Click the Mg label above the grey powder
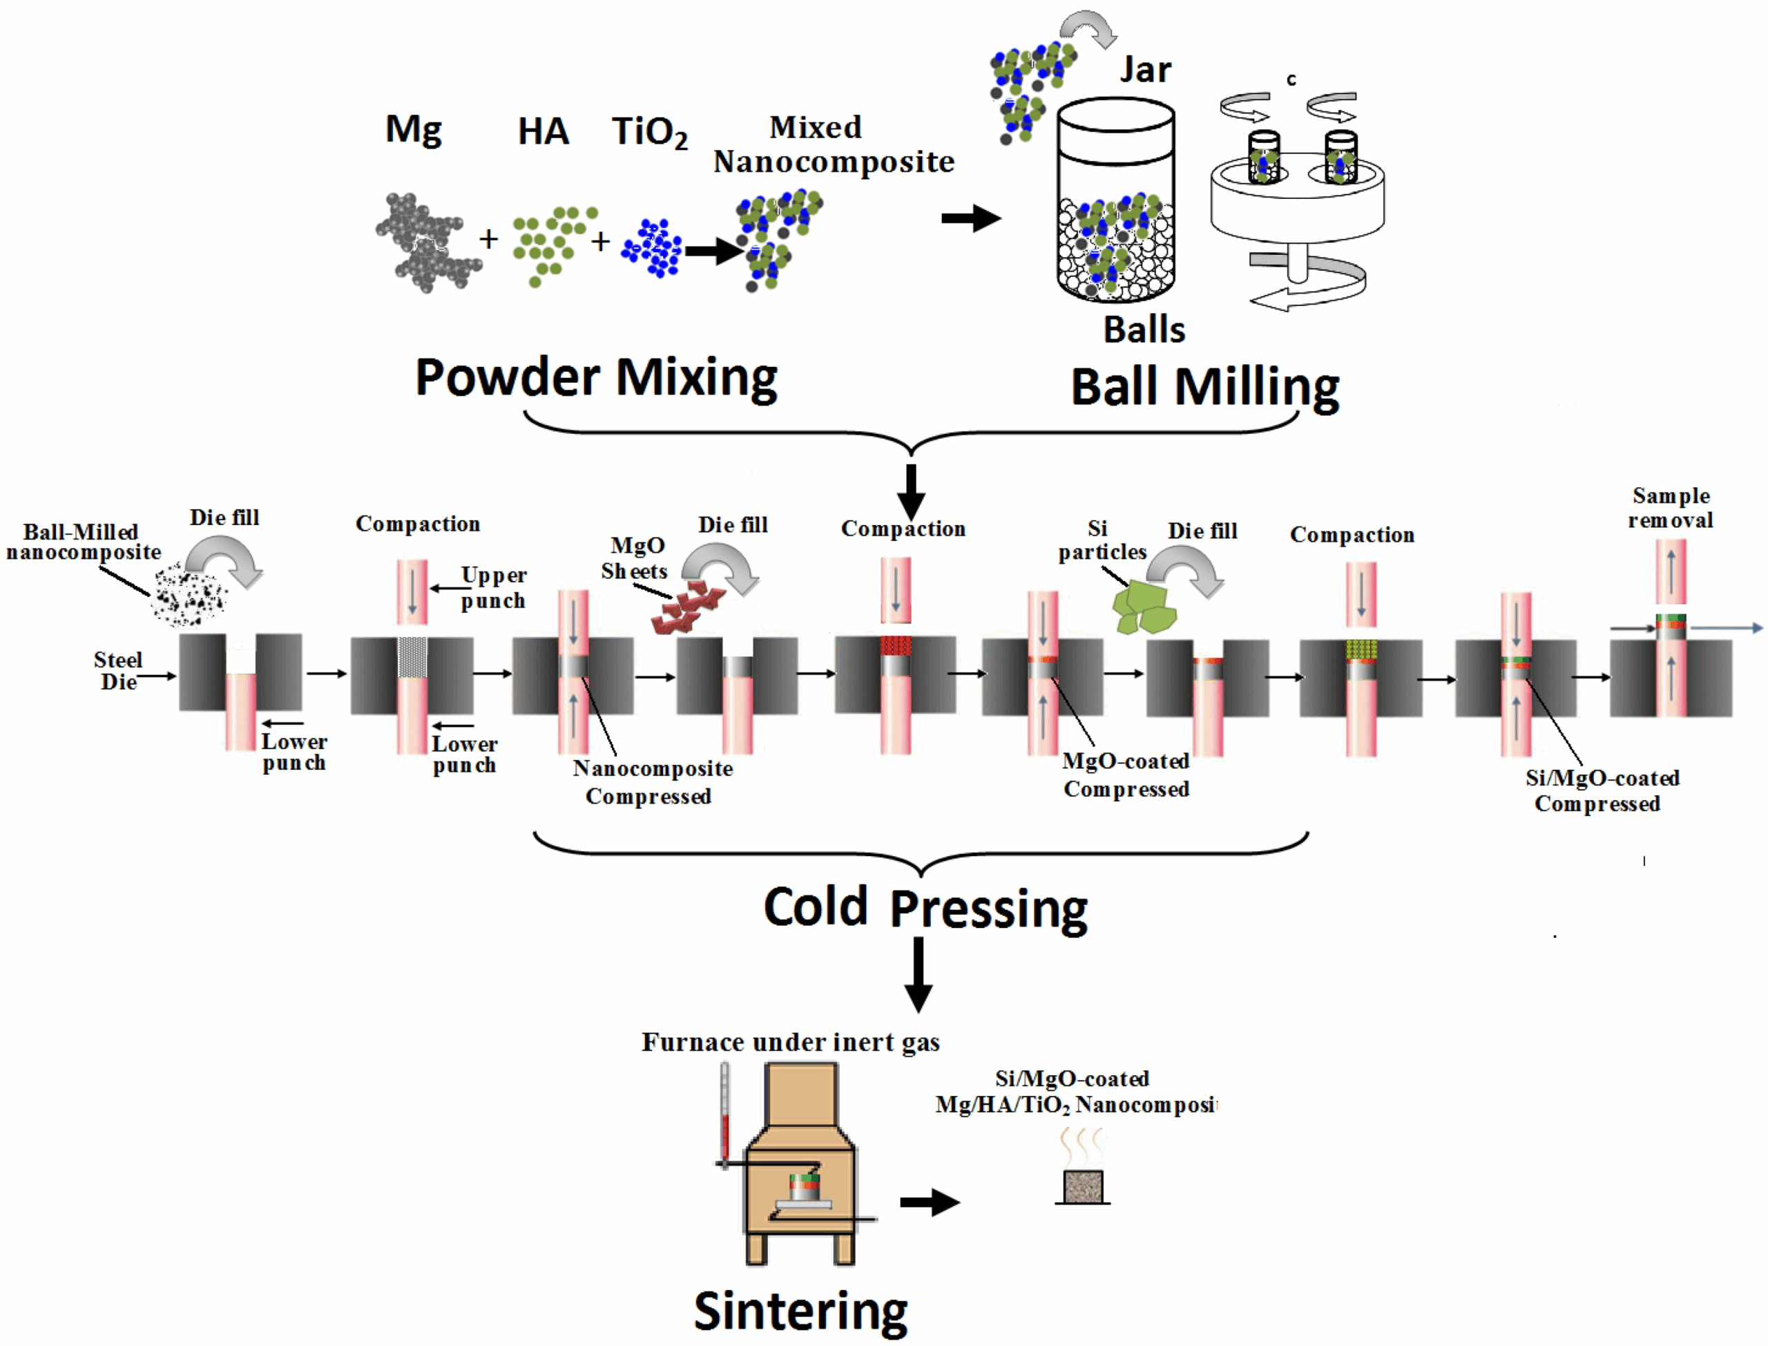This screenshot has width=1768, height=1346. pos(413,130)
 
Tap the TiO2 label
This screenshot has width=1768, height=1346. pos(649,132)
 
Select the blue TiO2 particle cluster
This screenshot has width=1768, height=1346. pos(652,247)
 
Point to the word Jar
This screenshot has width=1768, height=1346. pos(1145,70)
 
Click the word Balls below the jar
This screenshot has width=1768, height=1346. pos(1144,330)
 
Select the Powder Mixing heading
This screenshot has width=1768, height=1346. pos(597,377)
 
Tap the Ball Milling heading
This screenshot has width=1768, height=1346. pos(1204,388)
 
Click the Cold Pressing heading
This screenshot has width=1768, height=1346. pos(925,908)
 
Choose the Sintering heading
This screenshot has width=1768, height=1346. pos(800,1311)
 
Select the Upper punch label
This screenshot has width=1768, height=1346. pos(493,587)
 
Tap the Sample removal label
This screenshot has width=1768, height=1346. pos(1671,508)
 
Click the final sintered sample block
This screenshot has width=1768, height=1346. pos(1083,1186)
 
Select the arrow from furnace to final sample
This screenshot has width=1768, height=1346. pos(929,1202)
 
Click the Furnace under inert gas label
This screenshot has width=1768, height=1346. pos(790,1043)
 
